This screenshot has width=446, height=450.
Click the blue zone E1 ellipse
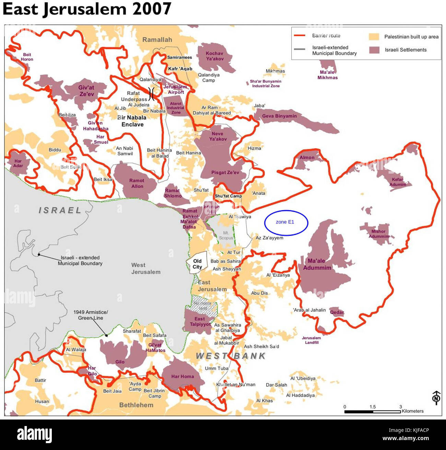click(x=286, y=223)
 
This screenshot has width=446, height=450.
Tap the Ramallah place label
click(x=157, y=40)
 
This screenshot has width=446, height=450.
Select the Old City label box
click(x=197, y=264)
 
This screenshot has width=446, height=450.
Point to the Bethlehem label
click(x=136, y=405)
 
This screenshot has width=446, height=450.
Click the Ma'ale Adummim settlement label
click(x=317, y=264)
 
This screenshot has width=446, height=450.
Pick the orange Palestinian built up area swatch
click(x=374, y=37)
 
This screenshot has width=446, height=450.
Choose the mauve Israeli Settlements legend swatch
click(x=374, y=50)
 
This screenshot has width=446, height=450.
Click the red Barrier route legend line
click(x=300, y=36)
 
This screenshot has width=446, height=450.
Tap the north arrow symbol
click(x=436, y=398)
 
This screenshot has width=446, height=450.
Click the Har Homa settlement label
click(x=183, y=376)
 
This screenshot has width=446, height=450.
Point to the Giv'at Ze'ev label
click(x=86, y=91)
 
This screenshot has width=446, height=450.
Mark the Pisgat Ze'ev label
click(x=225, y=173)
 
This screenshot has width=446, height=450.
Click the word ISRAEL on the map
click(x=60, y=210)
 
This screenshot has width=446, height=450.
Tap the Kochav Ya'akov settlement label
click(x=214, y=56)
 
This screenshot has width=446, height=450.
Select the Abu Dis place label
click(x=259, y=293)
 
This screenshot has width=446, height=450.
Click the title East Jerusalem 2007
click(x=87, y=9)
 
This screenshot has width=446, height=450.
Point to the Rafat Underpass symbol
click(x=151, y=93)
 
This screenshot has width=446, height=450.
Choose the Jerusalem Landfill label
click(x=311, y=340)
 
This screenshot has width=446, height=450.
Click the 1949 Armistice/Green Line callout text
click(x=91, y=315)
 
